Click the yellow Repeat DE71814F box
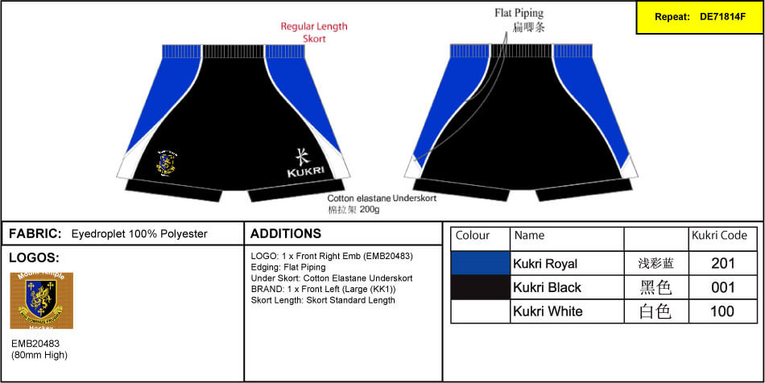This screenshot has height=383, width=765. [699, 17]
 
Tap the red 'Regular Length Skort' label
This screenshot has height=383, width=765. [314, 32]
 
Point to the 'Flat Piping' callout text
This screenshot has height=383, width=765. [519, 13]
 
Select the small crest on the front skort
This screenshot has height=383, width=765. [167, 162]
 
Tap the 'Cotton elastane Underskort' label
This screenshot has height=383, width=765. [382, 198]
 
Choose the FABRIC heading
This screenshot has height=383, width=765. [35, 233]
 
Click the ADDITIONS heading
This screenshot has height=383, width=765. [286, 233]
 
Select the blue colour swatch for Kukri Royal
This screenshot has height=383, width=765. [481, 263]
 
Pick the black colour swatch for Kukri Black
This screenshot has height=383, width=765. [481, 287]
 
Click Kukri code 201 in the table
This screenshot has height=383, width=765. [722, 263]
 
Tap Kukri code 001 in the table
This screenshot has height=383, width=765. [722, 287]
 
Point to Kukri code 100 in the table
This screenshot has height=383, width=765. [722, 311]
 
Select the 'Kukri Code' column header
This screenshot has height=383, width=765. [720, 236]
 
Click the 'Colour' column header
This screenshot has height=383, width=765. [473, 236]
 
